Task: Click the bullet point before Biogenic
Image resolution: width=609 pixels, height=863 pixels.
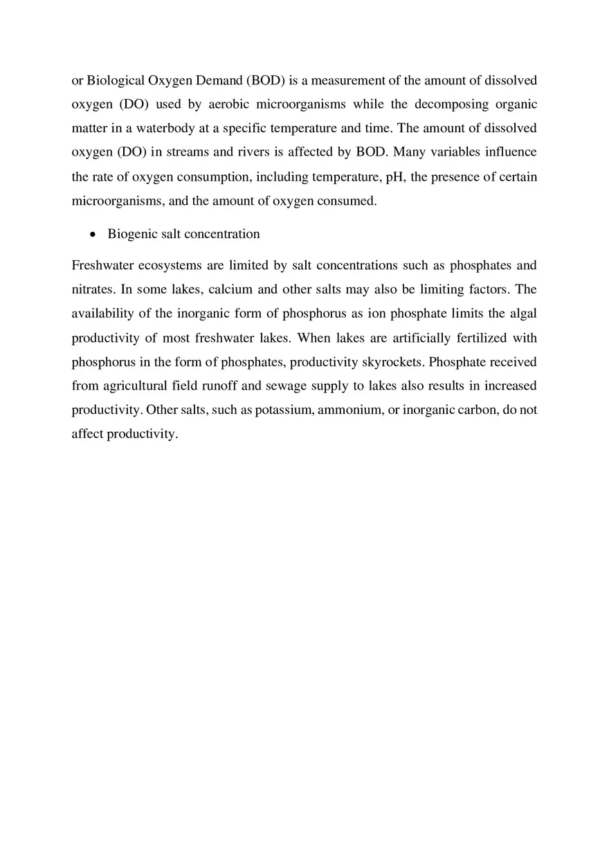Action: pos(93,235)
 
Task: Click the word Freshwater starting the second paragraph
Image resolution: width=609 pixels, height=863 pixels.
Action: pos(102,265)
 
